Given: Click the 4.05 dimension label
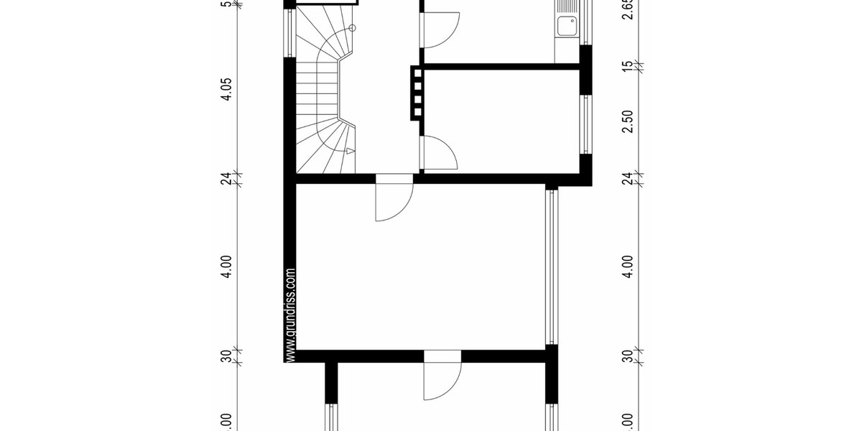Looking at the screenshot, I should click(227, 92).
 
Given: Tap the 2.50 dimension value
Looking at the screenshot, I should click(628, 121).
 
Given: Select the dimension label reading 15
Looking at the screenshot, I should click(628, 65).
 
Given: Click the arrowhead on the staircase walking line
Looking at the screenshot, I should click(349, 152).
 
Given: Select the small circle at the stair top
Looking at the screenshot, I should click(352, 28).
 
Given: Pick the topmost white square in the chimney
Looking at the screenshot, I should click(416, 73).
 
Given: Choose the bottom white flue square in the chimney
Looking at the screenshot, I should click(416, 111).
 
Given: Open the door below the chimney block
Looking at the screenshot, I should click(440, 153).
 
